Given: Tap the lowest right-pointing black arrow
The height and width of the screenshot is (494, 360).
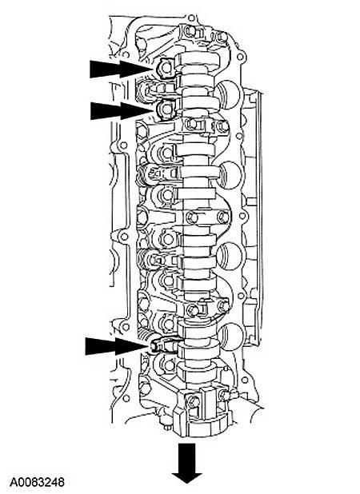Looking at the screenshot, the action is pyautogui.click(x=118, y=346).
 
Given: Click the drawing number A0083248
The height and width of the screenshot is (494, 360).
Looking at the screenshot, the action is pyautogui.click(x=37, y=482).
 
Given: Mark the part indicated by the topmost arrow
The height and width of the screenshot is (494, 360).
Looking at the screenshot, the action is pyautogui.click(x=165, y=69).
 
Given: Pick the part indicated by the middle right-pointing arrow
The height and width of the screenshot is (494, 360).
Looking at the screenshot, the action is pyautogui.click(x=166, y=110).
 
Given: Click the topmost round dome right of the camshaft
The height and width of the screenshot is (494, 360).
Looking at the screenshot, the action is pyautogui.click(x=229, y=94).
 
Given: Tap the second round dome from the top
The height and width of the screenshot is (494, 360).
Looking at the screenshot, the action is pyautogui.click(x=230, y=176).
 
